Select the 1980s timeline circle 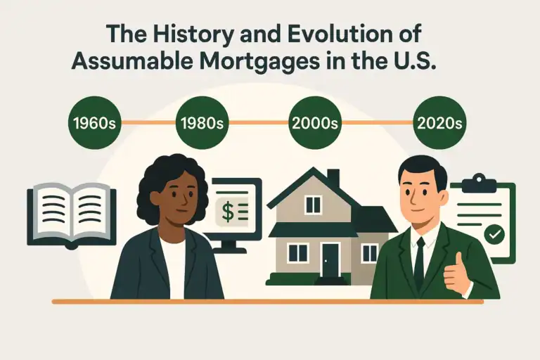pos(202,123)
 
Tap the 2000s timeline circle pos(315,123)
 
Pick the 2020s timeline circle pos(439,123)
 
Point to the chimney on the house pos(333,178)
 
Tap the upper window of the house pos(312,205)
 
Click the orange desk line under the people pos(267,301)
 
